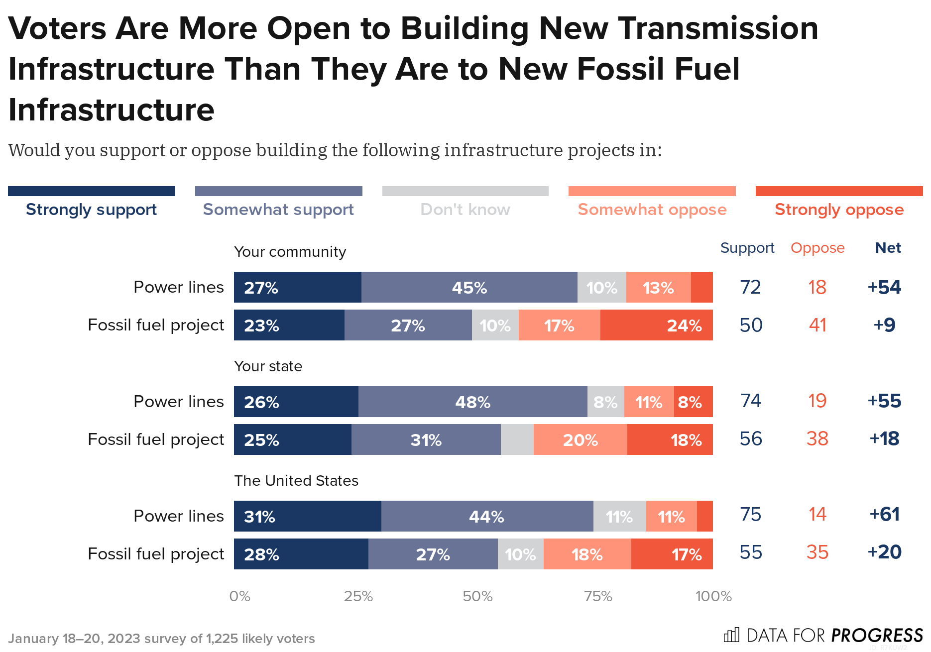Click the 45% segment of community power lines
[x=469, y=287]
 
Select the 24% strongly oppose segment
[x=656, y=325]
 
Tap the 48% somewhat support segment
[x=472, y=402]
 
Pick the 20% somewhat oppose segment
[x=580, y=439]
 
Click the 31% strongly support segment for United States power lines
[x=307, y=516]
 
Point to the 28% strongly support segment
[x=301, y=554]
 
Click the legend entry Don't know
[x=465, y=210]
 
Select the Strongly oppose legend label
[x=839, y=210]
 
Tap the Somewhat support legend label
[x=278, y=210]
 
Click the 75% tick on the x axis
[x=598, y=596]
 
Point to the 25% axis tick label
[x=358, y=596]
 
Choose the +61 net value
[x=884, y=514]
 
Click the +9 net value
[x=884, y=325]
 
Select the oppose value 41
[x=817, y=325]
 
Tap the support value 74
[x=750, y=401]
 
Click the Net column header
[x=888, y=248]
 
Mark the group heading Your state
[x=268, y=366]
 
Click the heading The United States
[x=296, y=481]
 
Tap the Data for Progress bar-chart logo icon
[x=731, y=635]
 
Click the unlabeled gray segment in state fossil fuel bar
[x=517, y=439]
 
